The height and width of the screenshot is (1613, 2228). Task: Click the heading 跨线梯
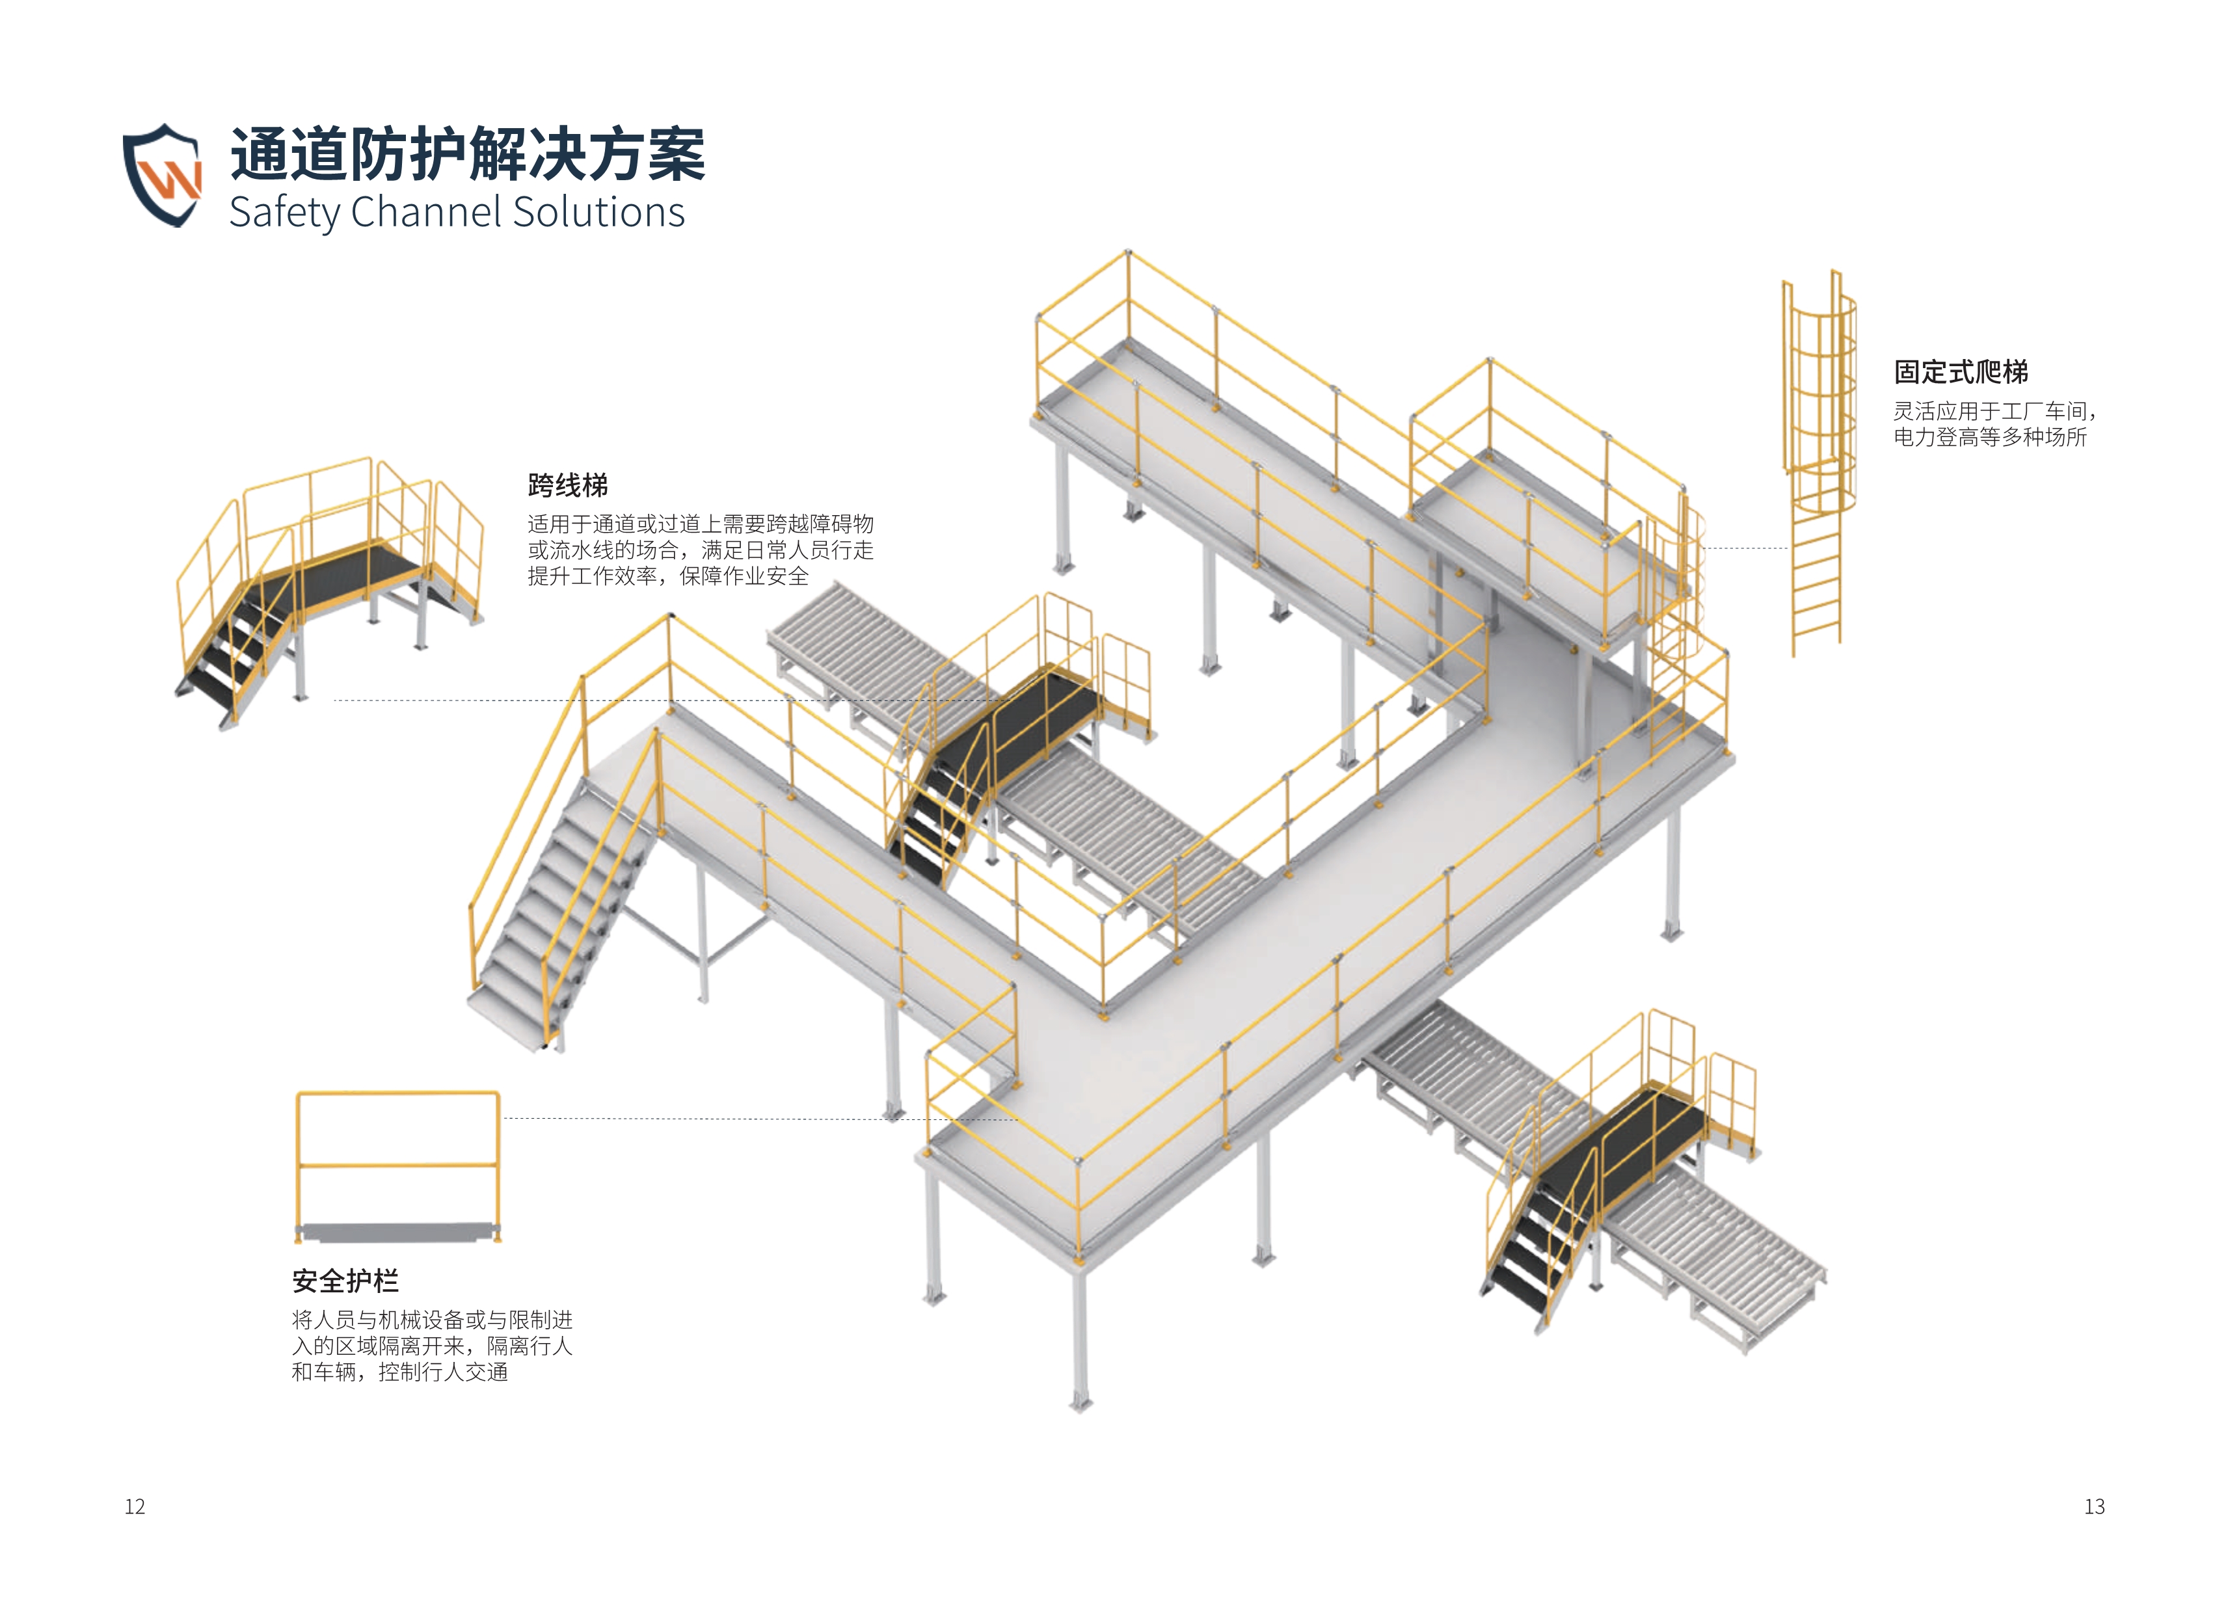(568, 485)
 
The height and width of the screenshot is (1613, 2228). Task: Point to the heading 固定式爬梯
(1961, 372)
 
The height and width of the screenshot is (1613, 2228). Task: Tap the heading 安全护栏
(345, 1281)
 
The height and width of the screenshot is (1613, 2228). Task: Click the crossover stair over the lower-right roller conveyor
(1611, 1169)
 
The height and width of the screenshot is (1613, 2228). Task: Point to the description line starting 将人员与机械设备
(432, 1319)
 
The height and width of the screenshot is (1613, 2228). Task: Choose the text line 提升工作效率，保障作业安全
(668, 577)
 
